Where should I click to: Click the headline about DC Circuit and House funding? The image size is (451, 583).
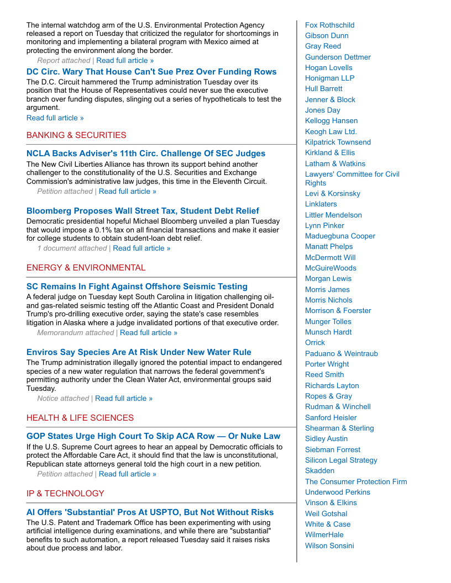point(151,72)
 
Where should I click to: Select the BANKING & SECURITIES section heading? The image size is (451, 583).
point(76,135)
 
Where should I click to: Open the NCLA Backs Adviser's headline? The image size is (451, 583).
point(146,153)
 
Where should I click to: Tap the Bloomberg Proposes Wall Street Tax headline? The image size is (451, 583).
point(143,211)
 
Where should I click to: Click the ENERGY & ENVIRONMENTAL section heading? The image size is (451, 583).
point(86,268)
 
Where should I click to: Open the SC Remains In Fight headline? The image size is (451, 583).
point(137,287)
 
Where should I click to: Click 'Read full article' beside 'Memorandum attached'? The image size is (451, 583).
point(149,332)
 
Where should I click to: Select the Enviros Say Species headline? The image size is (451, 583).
point(139,352)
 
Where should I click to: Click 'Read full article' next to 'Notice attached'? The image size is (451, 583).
point(124,398)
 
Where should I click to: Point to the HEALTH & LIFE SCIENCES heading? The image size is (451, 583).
point(80,418)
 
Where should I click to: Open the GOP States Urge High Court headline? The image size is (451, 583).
point(153,436)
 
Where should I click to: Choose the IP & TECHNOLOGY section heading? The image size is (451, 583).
point(65,494)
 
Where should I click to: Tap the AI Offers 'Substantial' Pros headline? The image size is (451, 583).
point(150,512)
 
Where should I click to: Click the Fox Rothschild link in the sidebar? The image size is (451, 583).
point(329,25)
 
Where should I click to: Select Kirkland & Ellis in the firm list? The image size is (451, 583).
point(330,152)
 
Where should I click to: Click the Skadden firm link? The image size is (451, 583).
point(319,470)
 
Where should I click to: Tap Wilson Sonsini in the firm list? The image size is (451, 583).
point(329,545)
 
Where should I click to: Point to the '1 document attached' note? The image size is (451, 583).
point(72,248)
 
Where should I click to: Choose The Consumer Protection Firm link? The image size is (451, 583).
point(356,481)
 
